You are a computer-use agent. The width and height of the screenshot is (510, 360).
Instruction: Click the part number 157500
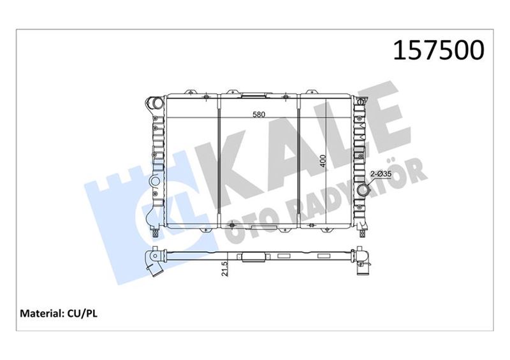[x=439, y=50]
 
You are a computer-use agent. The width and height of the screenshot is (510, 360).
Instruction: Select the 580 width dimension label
[x=259, y=114]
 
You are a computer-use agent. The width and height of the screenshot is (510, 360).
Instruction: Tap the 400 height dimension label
[x=323, y=161]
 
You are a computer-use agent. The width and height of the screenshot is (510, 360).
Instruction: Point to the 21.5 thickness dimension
[x=224, y=269]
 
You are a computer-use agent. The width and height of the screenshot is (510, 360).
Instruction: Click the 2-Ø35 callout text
[x=381, y=175]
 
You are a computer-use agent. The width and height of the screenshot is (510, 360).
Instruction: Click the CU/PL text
[x=82, y=313]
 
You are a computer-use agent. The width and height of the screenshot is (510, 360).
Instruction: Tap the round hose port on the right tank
[x=363, y=190]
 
